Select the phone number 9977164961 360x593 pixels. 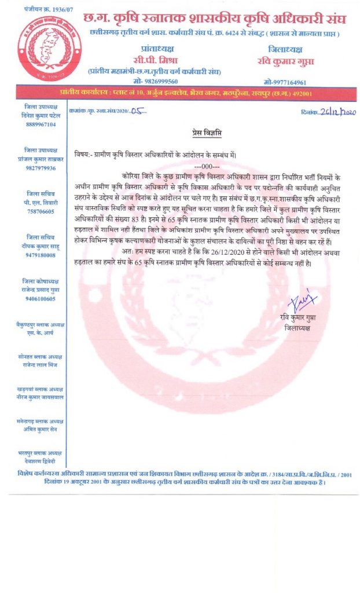tap(285, 82)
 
